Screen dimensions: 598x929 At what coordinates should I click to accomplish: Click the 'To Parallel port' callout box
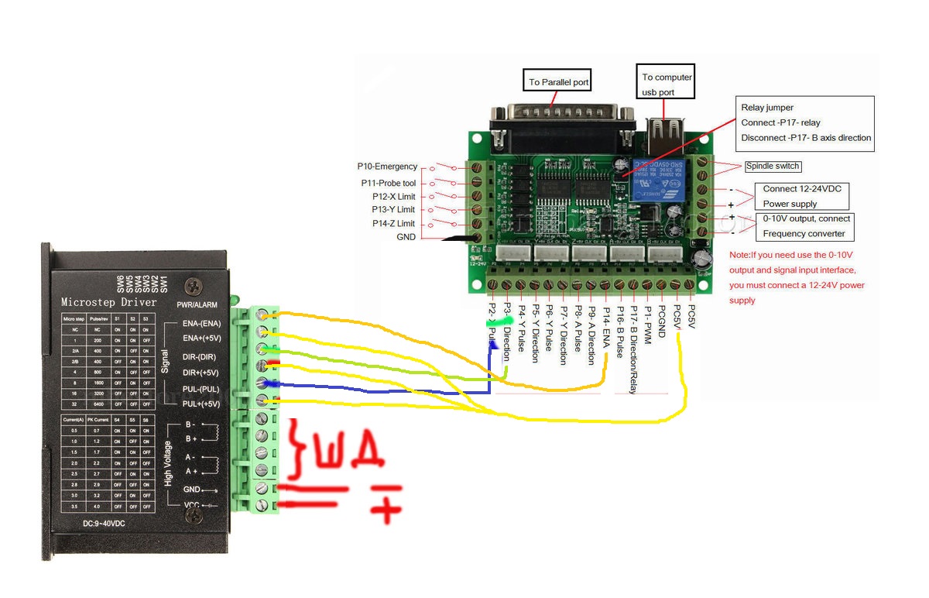tap(559, 82)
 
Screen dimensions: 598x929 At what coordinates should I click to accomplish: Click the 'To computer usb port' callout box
tap(667, 84)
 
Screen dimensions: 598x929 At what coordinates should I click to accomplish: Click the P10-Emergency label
tap(387, 167)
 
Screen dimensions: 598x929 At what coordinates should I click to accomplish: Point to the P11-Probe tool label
tap(389, 183)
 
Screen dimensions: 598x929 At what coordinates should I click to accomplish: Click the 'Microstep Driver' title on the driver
tap(109, 302)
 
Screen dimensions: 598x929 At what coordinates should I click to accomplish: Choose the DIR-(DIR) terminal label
tap(199, 356)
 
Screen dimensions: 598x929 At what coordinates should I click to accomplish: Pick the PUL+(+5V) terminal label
tap(201, 404)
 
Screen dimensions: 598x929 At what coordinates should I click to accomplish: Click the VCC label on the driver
tap(191, 505)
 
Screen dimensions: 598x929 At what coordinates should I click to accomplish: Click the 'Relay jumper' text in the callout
tap(767, 108)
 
